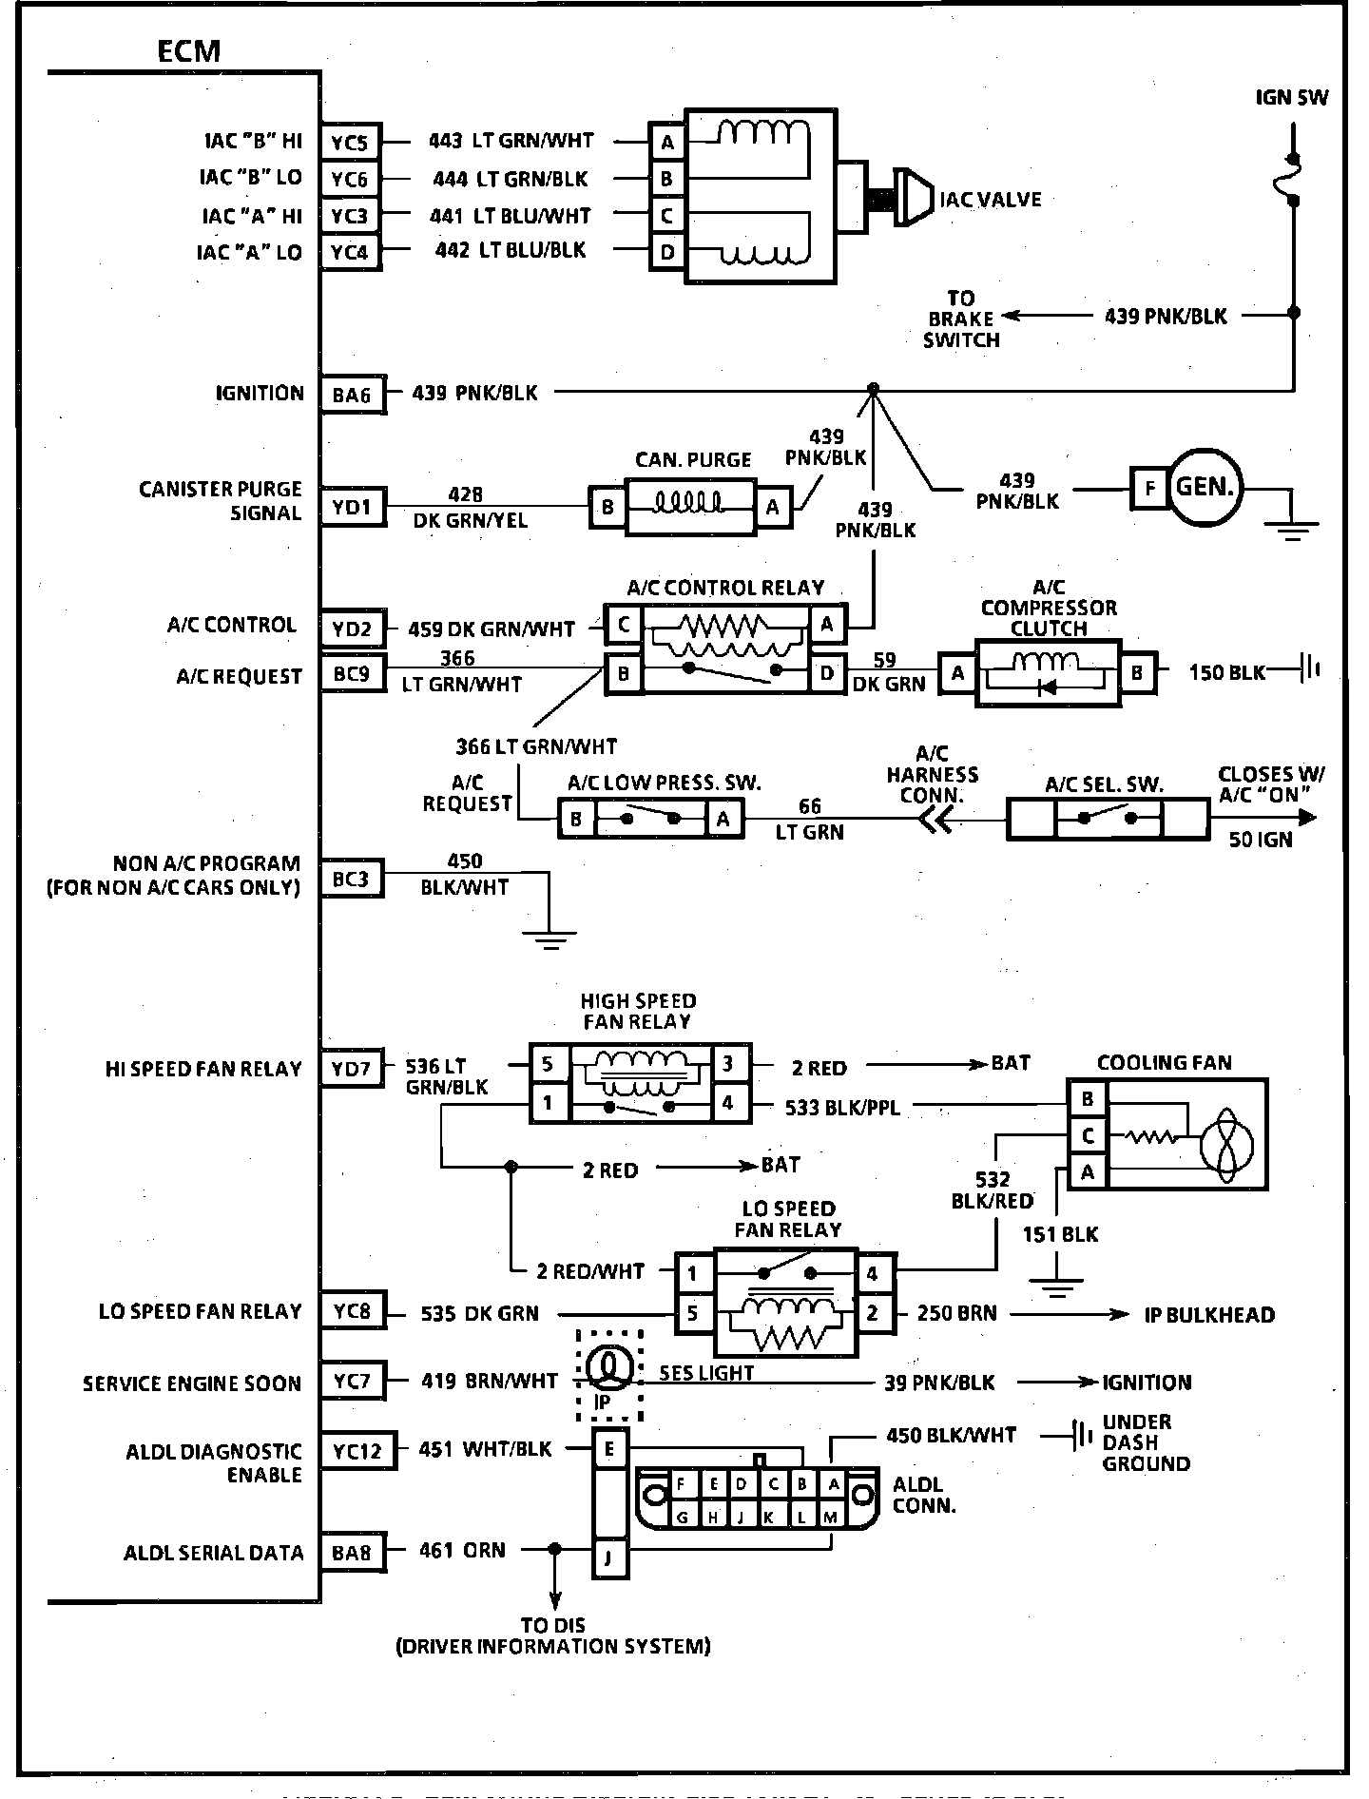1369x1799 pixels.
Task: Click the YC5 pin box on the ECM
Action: pos(350,143)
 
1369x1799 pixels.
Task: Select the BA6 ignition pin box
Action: pos(352,394)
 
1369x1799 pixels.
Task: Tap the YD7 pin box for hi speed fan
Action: pos(352,1069)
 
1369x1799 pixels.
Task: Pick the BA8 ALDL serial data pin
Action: pos(352,1553)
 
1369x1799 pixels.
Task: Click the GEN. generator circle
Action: pos(1205,488)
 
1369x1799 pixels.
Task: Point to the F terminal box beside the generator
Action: pos(1149,489)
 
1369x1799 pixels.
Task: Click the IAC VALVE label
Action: pos(990,200)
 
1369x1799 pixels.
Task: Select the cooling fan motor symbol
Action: pos(1227,1138)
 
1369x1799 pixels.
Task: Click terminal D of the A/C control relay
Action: pos(827,673)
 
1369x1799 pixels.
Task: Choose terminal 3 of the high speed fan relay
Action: pos(728,1063)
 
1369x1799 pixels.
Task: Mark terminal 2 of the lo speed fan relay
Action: pos(873,1313)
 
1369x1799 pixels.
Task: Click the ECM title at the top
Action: pos(188,50)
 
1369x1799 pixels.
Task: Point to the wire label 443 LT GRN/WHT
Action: pos(511,141)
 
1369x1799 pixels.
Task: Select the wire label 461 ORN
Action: pos(462,1551)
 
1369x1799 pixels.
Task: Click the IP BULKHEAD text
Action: pos(1208,1315)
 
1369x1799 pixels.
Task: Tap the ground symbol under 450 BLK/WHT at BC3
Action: pos(549,938)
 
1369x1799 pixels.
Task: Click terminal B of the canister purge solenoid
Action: pos(607,507)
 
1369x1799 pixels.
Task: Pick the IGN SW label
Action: pos(1291,97)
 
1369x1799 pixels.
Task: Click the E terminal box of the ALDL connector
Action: pos(608,1450)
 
